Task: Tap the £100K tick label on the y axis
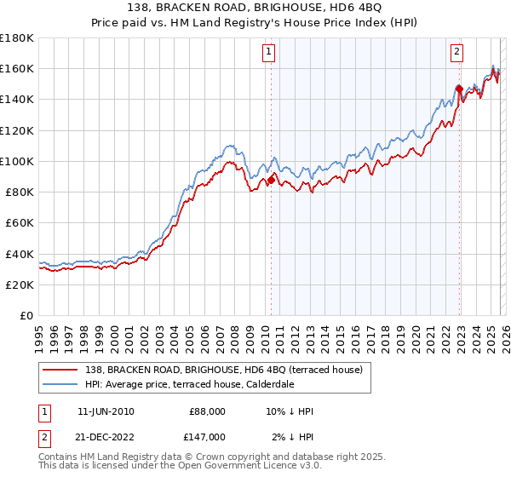(x=17, y=161)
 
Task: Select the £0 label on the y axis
(x=26, y=315)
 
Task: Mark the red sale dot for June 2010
(x=271, y=180)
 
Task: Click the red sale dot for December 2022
(x=459, y=88)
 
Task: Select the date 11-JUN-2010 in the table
(x=106, y=411)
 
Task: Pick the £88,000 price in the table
(x=207, y=411)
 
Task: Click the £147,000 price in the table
(x=207, y=436)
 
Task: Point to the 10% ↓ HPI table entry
(x=290, y=411)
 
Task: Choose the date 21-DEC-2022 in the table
(x=106, y=436)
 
